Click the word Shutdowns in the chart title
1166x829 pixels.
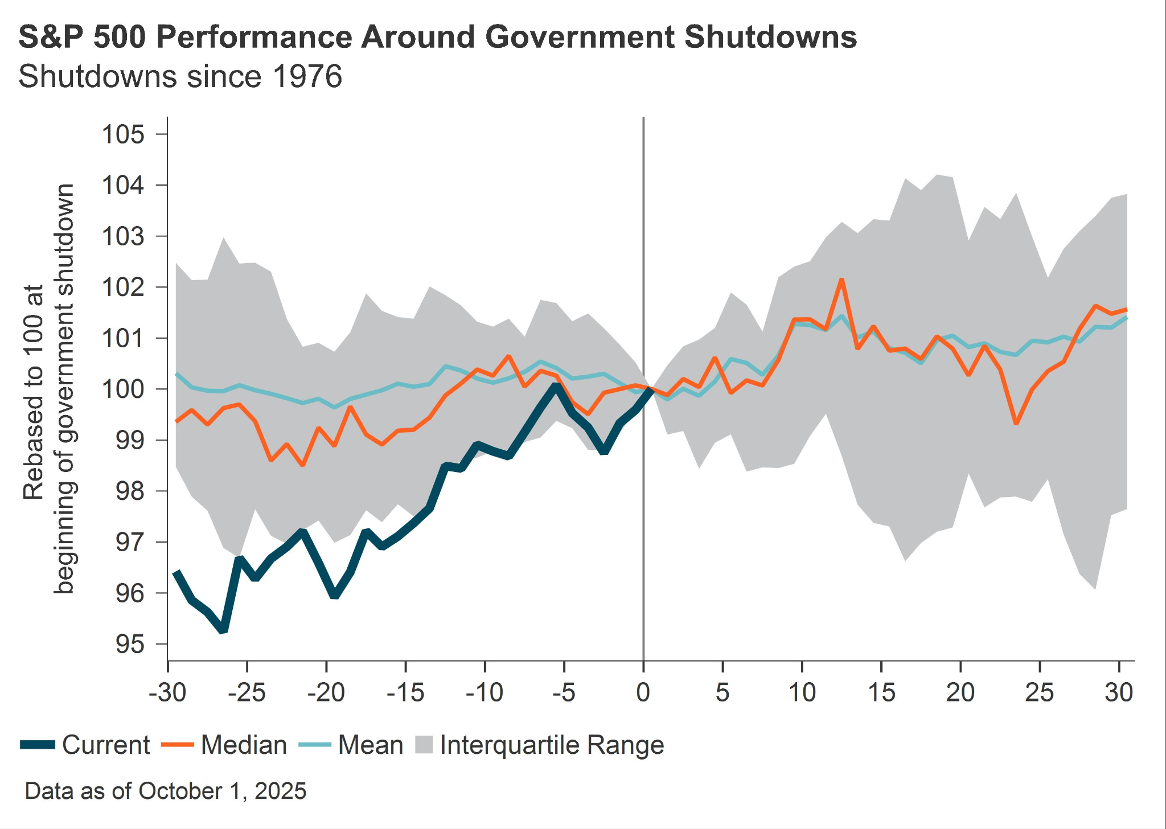click(x=770, y=38)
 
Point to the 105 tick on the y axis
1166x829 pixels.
click(x=123, y=135)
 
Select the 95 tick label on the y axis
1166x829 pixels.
click(x=130, y=645)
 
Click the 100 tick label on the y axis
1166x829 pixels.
click(x=123, y=389)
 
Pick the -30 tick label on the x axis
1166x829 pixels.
click(x=167, y=692)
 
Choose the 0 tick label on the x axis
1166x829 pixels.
click(x=643, y=692)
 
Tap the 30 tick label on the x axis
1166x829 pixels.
click(x=1119, y=692)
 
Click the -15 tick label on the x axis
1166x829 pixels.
click(x=405, y=692)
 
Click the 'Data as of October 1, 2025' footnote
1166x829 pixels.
click(x=166, y=791)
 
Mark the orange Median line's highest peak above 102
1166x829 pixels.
click(x=841, y=280)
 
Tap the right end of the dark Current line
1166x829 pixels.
click(x=650, y=389)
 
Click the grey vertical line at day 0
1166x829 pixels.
click(x=643, y=228)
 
